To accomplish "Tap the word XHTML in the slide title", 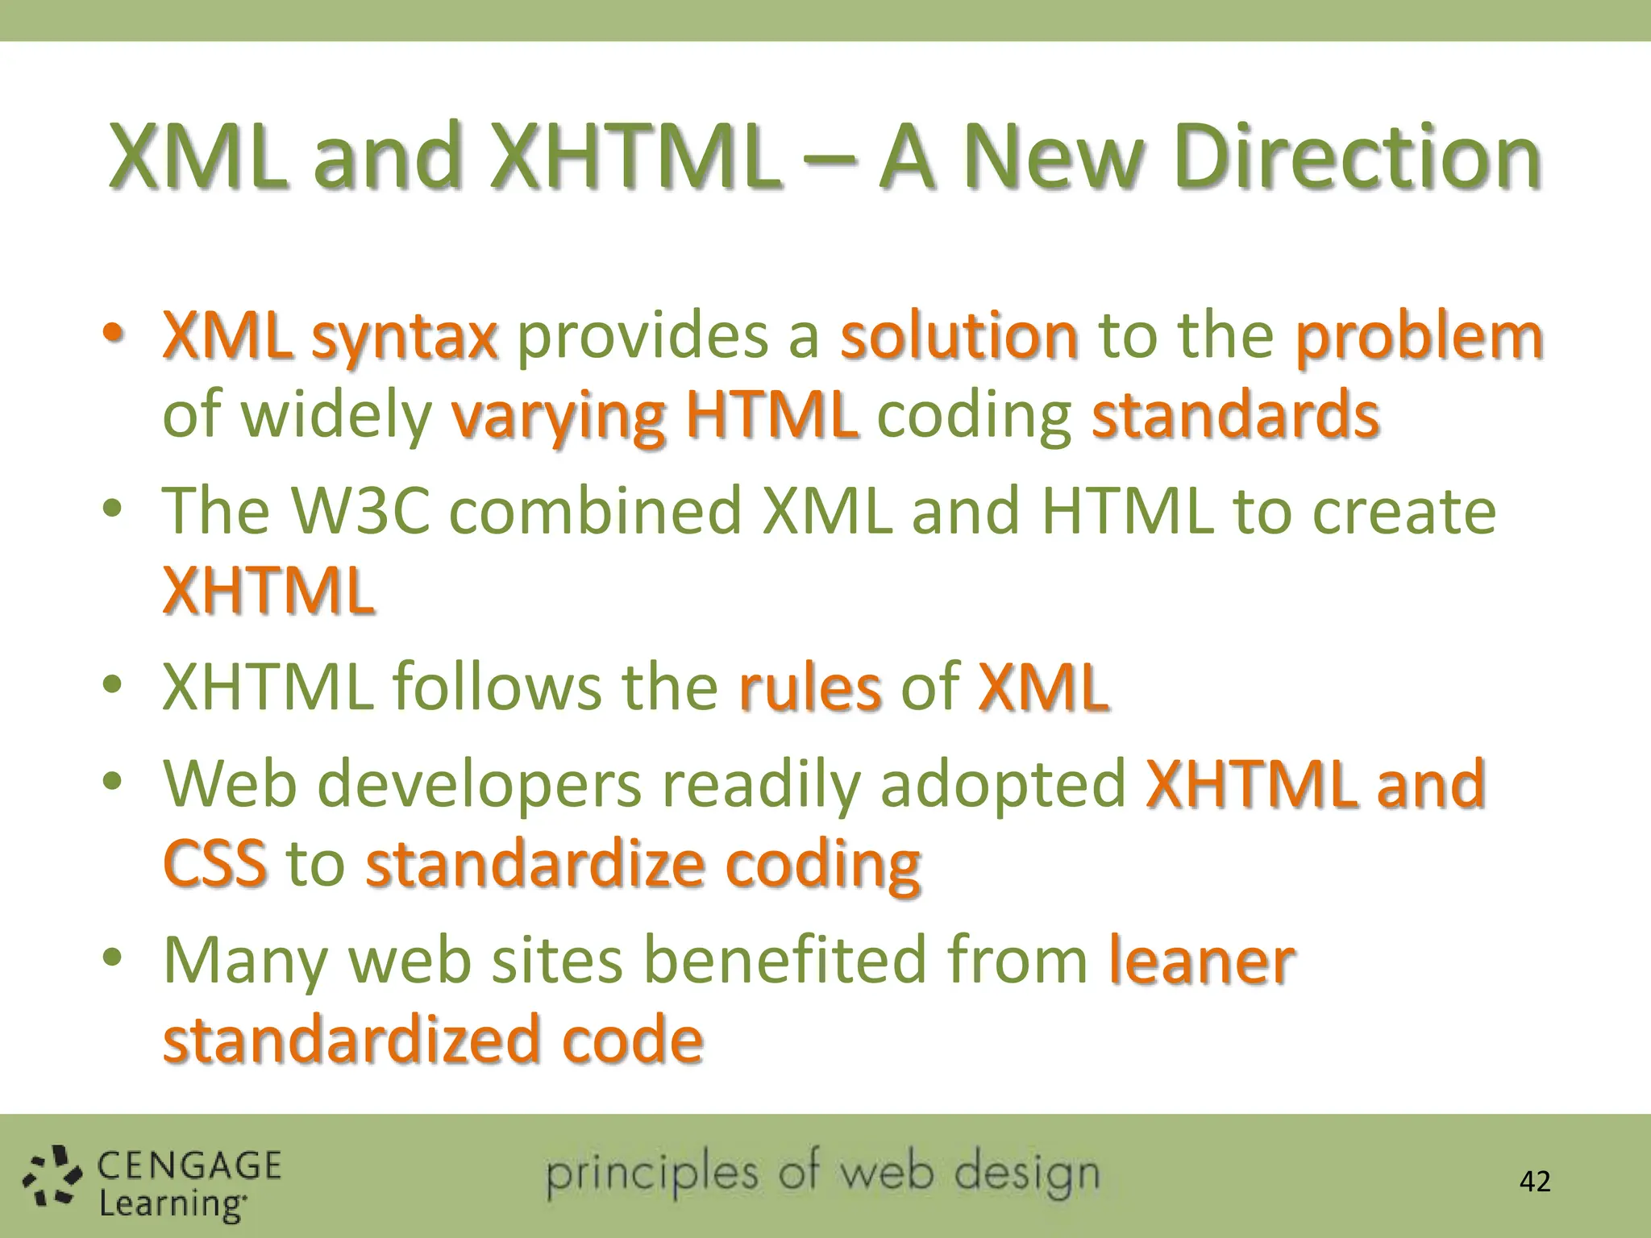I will point(637,156).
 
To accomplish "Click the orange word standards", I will point(1235,414).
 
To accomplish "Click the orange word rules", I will point(809,688).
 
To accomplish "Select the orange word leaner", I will point(1201,961).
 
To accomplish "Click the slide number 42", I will point(1534,1182).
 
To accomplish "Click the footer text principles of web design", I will point(822,1175).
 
